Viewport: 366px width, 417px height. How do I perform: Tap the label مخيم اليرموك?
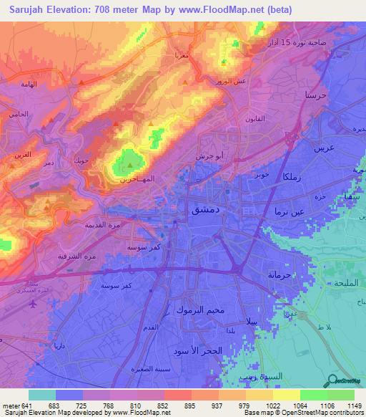tap(200, 310)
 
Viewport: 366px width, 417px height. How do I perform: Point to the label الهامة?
tap(24, 84)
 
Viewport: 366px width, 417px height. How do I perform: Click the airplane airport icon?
tap(34, 303)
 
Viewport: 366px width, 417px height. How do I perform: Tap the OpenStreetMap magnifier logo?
tap(332, 381)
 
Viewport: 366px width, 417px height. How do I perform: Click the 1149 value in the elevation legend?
tap(355, 406)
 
